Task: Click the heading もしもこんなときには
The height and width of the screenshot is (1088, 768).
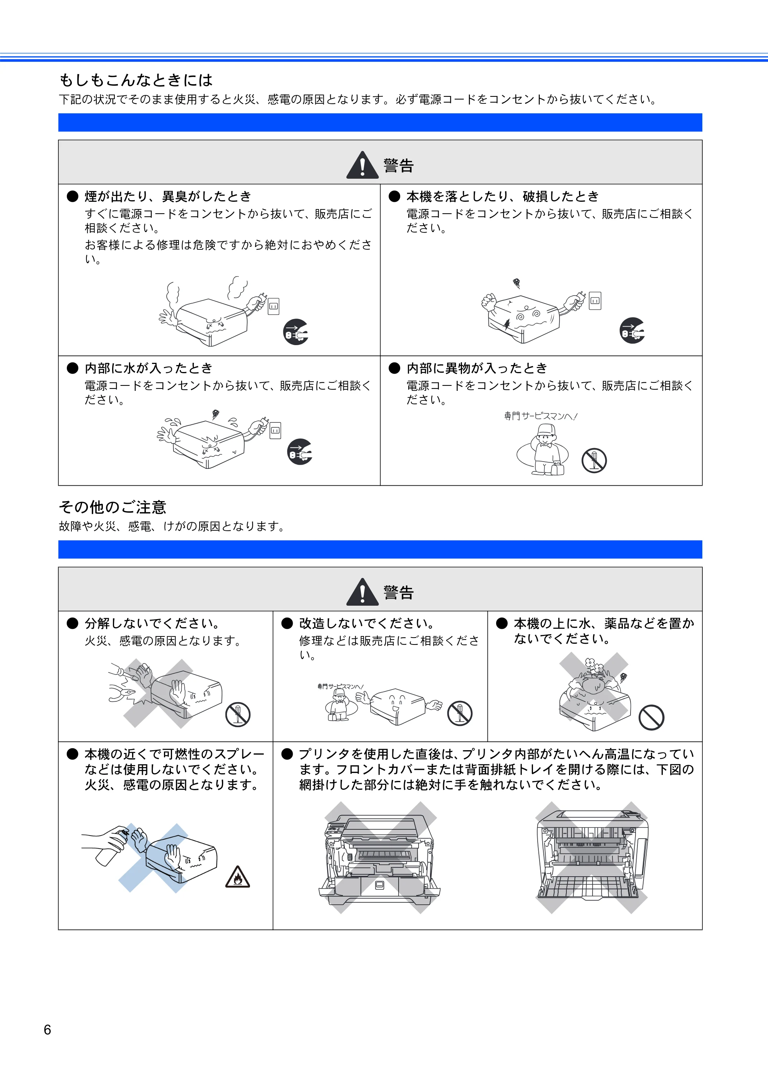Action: point(136,80)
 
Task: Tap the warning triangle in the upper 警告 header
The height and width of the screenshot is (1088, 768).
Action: point(362,165)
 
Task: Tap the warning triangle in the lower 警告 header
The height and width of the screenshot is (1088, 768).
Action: point(362,592)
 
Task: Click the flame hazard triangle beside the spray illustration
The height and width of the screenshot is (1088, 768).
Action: point(238,876)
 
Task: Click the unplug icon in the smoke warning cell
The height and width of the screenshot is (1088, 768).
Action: point(296,332)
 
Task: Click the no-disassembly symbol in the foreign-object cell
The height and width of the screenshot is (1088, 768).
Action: point(594,460)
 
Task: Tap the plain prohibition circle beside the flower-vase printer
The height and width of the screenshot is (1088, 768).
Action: point(652,718)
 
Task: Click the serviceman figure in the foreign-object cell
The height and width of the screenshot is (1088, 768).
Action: point(547,449)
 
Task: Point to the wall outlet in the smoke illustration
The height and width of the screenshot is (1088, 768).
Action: point(274,306)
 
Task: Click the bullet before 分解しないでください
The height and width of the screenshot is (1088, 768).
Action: point(73,623)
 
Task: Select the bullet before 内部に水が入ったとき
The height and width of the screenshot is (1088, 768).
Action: point(73,368)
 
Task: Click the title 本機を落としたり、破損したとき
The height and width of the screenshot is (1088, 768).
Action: point(503,196)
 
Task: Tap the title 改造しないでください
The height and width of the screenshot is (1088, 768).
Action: point(367,623)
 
